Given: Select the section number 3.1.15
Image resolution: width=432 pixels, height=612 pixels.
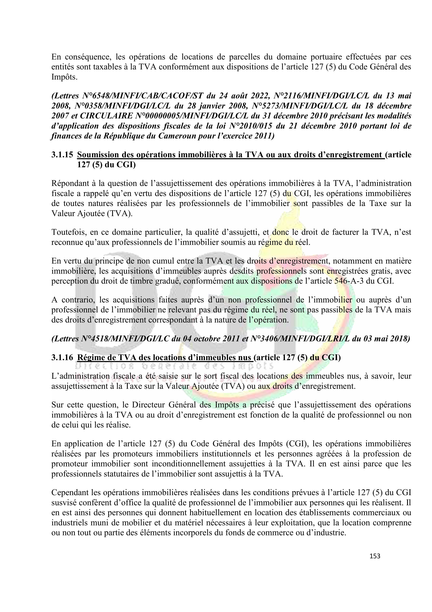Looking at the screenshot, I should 62,155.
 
